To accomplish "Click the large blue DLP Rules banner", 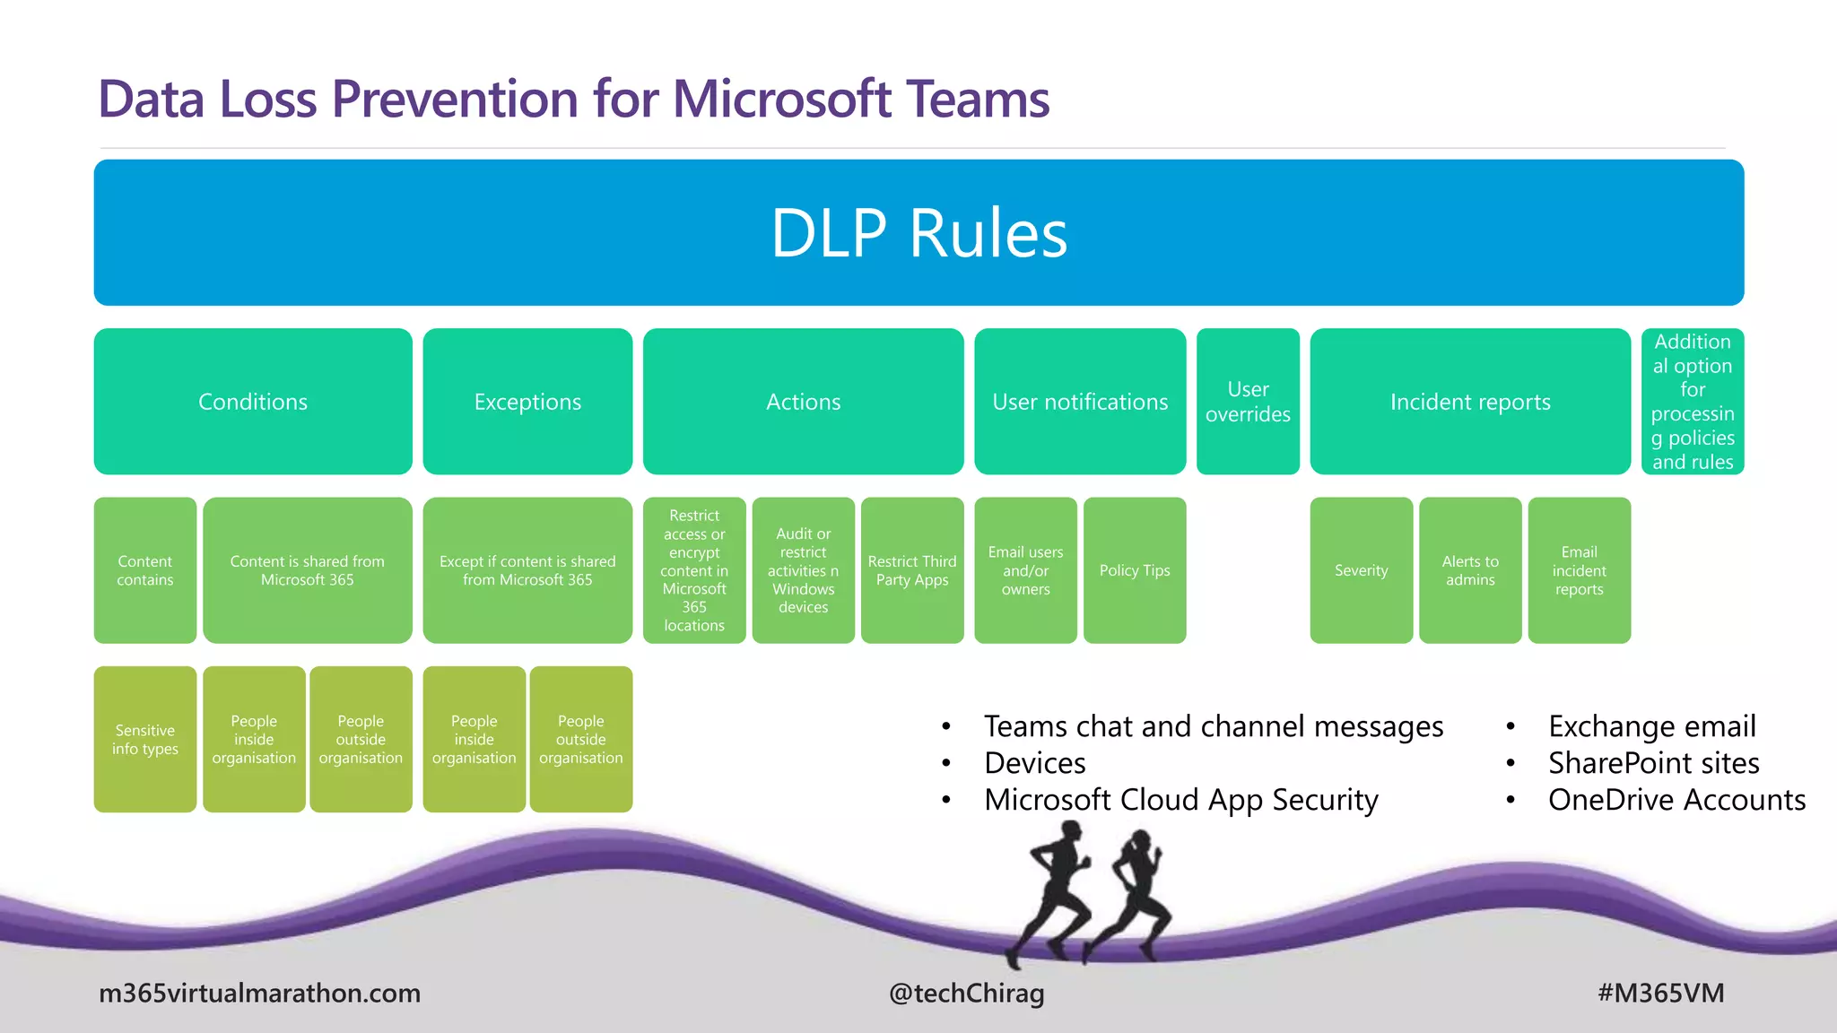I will (918, 232).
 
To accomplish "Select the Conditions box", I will (253, 401).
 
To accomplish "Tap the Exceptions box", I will (527, 401).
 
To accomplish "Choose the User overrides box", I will (1248, 401).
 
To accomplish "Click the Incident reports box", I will (1470, 401).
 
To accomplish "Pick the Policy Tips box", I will (1135, 570).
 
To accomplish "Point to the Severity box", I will (1361, 570).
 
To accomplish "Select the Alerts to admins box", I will (1470, 570).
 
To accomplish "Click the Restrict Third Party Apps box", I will (912, 570).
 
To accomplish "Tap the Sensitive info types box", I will (145, 739).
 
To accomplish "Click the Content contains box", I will (145, 570).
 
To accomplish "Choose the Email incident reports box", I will (1579, 570).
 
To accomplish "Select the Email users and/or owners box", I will (1025, 570).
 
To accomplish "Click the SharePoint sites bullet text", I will (1653, 763).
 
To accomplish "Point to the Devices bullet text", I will (1034, 763).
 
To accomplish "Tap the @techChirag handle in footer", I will (966, 993).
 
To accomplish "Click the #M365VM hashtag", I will (1660, 993).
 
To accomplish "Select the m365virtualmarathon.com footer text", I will (259, 993).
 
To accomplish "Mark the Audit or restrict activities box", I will (803, 570).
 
